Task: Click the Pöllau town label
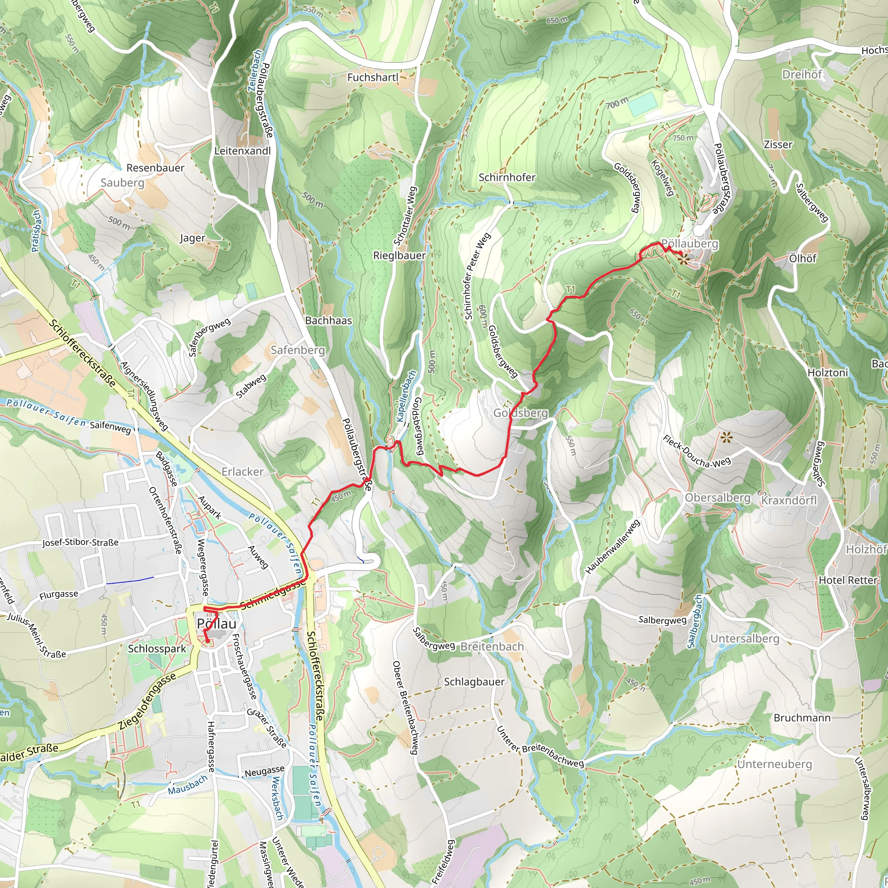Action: coord(216,624)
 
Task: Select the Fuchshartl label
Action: coord(373,77)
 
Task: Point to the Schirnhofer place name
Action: coord(507,177)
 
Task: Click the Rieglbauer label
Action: coord(399,255)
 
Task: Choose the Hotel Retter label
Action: coord(848,580)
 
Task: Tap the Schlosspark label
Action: coord(157,649)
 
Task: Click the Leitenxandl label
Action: coord(243,151)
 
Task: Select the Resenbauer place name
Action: coord(155,168)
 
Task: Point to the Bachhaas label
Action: coord(328,320)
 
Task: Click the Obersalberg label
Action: coord(718,498)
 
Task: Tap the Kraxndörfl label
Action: coord(789,500)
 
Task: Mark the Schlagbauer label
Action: coord(474,682)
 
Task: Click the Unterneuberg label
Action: coord(774,764)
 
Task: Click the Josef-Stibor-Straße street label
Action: coord(81,542)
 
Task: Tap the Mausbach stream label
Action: coord(187,784)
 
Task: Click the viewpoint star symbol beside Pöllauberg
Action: coord(683,259)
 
